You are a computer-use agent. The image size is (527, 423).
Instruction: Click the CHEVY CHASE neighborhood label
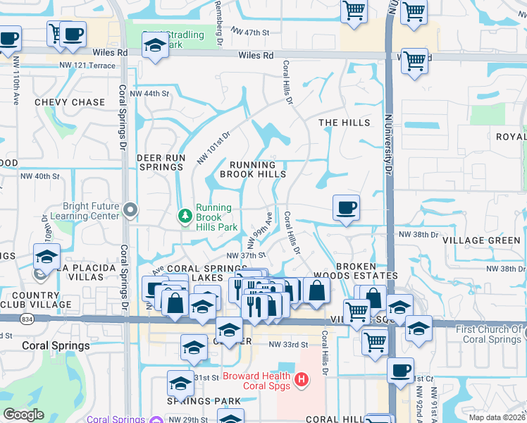pyautogui.click(x=70, y=102)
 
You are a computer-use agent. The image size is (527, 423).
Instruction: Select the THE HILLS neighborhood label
pyautogui.click(x=344, y=123)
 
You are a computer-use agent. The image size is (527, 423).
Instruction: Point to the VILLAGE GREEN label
pyautogui.click(x=483, y=240)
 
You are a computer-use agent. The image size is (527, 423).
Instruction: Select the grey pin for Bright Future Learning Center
pyautogui.click(x=130, y=209)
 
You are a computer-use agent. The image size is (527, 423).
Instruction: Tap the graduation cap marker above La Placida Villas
pyautogui.click(x=46, y=256)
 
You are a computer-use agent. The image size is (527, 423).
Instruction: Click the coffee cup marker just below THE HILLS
pyautogui.click(x=346, y=208)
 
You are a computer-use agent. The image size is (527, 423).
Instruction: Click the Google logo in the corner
pyautogui.click(x=24, y=415)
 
